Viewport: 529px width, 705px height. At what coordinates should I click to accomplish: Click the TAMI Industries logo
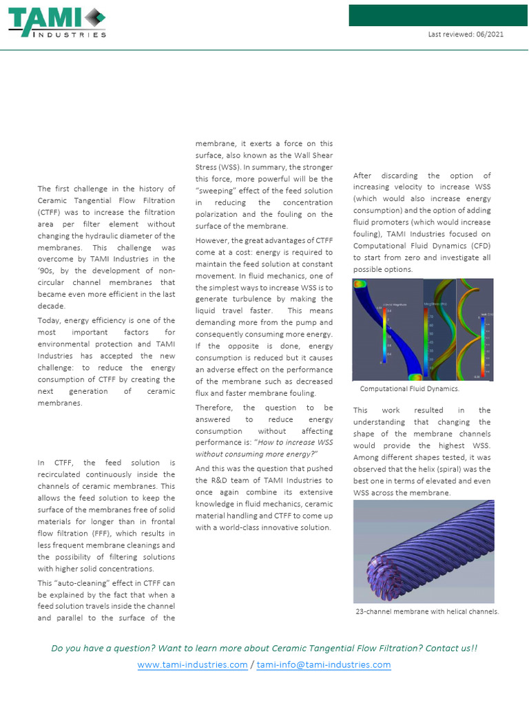(57, 23)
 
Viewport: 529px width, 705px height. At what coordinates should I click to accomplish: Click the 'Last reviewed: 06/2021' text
(465, 34)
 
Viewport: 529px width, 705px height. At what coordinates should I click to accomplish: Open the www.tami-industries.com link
(192, 664)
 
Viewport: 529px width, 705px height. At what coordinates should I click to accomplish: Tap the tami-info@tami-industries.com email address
(324, 664)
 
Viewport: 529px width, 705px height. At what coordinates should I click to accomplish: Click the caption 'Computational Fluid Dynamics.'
(409, 389)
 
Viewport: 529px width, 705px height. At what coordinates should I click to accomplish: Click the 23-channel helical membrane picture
(423, 551)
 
